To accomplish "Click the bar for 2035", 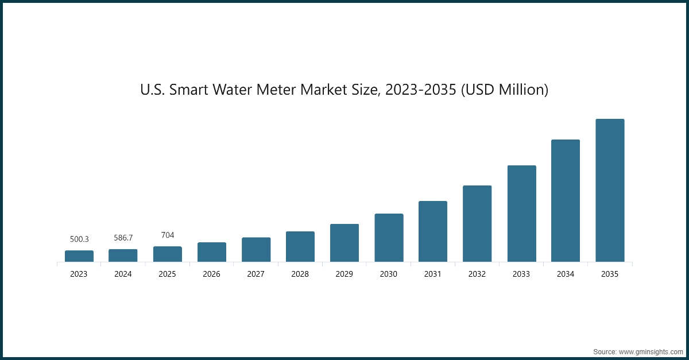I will click(610, 191).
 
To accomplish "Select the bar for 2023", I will click(79, 256).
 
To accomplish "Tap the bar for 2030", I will click(389, 238).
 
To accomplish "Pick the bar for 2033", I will click(521, 214).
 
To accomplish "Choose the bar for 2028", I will click(300, 247).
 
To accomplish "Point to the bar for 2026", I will click(212, 252).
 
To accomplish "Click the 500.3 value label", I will click(79, 239).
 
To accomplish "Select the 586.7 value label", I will click(123, 237).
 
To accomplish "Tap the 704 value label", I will click(167, 235).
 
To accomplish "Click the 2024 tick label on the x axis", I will click(123, 274).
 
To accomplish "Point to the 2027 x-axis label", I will click(256, 274).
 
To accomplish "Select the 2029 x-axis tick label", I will click(344, 274).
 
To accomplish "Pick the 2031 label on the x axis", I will click(432, 274).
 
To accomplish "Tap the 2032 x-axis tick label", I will click(477, 274).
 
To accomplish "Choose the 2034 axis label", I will click(566, 274).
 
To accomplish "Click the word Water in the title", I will click(230, 90).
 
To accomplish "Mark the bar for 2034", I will click(566, 201).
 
